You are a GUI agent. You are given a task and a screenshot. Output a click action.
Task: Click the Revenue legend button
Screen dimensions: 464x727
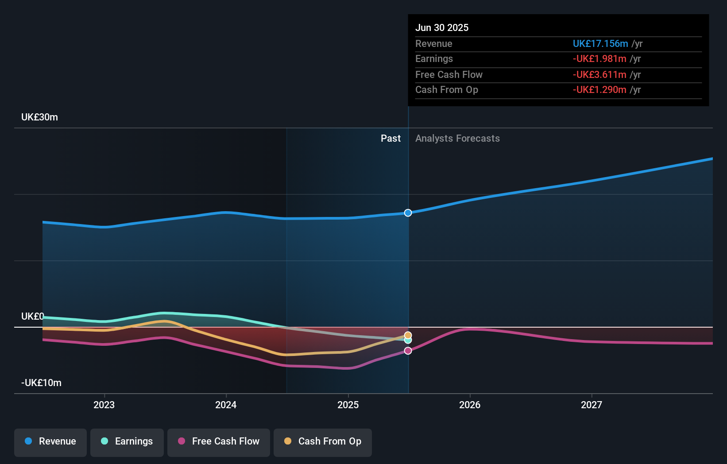50,441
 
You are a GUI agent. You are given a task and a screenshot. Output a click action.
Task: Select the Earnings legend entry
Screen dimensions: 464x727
127,441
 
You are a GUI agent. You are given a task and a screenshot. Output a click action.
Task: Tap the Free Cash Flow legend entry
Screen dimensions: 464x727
219,441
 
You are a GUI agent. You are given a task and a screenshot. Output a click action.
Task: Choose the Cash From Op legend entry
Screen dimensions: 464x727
323,441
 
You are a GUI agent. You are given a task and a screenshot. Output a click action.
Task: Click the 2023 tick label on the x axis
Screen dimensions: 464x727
104,405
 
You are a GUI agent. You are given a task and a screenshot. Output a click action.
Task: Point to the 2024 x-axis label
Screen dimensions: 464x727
226,405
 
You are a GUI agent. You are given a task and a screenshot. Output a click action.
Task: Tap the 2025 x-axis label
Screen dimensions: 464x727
348,405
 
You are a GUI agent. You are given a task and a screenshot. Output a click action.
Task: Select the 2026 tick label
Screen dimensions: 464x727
470,405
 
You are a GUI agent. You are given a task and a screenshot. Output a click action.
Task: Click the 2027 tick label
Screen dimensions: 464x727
592,405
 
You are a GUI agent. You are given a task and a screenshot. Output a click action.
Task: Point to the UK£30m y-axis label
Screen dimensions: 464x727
39,117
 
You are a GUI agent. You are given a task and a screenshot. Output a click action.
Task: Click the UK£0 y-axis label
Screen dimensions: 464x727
32,317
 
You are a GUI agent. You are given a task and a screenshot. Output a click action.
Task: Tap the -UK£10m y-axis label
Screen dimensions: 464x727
41,383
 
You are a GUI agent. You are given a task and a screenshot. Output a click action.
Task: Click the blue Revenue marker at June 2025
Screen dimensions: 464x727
408,213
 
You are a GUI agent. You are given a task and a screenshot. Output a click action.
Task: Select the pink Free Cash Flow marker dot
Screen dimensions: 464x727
408,351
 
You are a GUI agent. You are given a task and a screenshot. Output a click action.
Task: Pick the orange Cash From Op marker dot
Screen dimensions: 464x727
408,335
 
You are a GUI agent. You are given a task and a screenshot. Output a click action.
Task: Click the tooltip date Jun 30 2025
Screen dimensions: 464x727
442,28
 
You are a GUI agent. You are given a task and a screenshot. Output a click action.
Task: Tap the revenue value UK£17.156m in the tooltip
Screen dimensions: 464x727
600,44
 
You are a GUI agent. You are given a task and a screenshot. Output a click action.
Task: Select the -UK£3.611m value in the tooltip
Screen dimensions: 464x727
599,75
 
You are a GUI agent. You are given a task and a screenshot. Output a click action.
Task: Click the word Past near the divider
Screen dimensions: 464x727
391,139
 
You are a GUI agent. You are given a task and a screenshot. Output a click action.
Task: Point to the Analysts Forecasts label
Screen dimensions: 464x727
457,139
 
